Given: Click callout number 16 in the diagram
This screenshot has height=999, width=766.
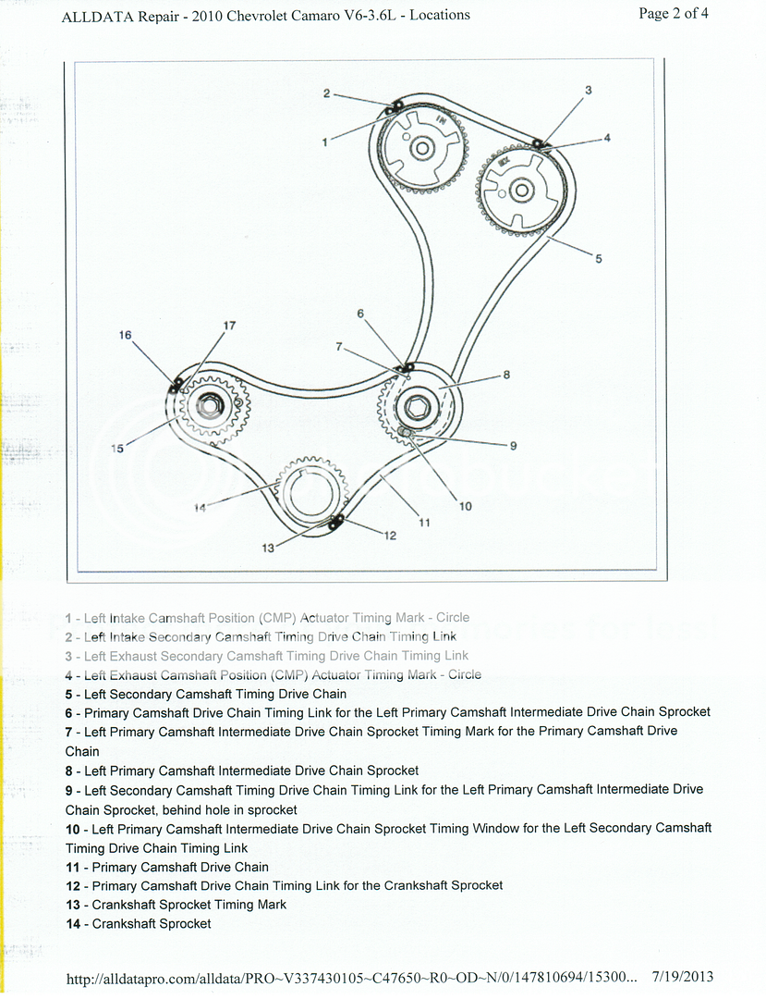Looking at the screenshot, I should coord(125,335).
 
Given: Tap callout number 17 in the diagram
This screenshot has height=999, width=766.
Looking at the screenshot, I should coord(229,326).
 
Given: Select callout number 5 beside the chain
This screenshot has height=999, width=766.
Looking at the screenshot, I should coord(598,259).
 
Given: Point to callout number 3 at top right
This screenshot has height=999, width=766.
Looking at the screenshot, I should coord(588,91).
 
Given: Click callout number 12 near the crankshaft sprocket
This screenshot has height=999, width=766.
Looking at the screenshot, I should coord(390,536).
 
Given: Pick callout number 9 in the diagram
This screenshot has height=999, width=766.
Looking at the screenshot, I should coord(513,445).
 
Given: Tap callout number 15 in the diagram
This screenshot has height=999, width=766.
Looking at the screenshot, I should coord(117,449).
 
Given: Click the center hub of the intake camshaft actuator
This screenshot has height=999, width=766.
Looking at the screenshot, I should coord(421,148).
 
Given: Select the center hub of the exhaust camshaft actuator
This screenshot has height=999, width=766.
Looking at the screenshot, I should coord(521,191).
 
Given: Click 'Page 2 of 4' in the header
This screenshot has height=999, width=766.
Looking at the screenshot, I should coord(674,13).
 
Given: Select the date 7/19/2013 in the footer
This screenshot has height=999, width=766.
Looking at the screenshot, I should coord(682,977).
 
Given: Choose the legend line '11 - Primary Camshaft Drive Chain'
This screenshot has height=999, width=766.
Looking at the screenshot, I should coord(167,867).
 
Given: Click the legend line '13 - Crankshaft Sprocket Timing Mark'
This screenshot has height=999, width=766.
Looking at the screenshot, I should coord(176,905).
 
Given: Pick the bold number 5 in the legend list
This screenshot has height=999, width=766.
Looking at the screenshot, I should coord(69,694).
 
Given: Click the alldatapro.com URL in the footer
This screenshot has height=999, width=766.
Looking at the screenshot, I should coord(351,977).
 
